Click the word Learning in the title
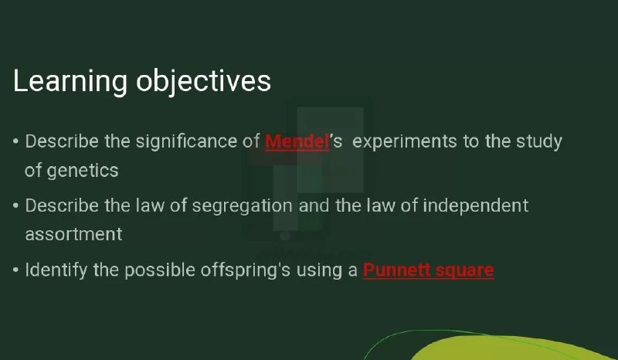[70, 82]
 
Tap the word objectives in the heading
[203, 82]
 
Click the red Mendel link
[297, 141]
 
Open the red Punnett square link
[429, 270]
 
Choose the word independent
[476, 206]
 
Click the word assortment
[73, 235]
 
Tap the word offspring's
[246, 271]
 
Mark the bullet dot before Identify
[15, 270]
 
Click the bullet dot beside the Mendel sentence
[15, 141]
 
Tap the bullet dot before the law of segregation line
[15, 205]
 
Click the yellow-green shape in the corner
[512, 349]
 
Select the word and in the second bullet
[314, 205]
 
